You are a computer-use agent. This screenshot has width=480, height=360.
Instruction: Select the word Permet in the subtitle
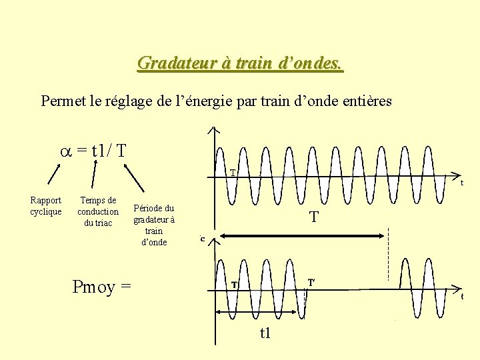(62, 101)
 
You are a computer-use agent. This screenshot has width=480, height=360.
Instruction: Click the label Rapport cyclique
(46, 206)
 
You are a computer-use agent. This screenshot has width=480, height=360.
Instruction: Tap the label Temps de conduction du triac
(98, 211)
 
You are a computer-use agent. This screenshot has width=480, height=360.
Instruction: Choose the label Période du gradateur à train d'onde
(154, 225)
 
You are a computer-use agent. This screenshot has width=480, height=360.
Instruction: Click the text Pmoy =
(101, 287)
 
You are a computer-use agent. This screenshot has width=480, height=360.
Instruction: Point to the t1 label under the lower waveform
(265, 332)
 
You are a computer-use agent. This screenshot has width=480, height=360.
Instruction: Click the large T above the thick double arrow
(314, 217)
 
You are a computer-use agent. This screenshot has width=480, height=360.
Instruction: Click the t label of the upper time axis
(462, 182)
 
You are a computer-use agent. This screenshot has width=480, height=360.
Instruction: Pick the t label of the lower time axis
(462, 297)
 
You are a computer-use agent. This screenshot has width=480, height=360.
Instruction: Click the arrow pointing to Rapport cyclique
(52, 174)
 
